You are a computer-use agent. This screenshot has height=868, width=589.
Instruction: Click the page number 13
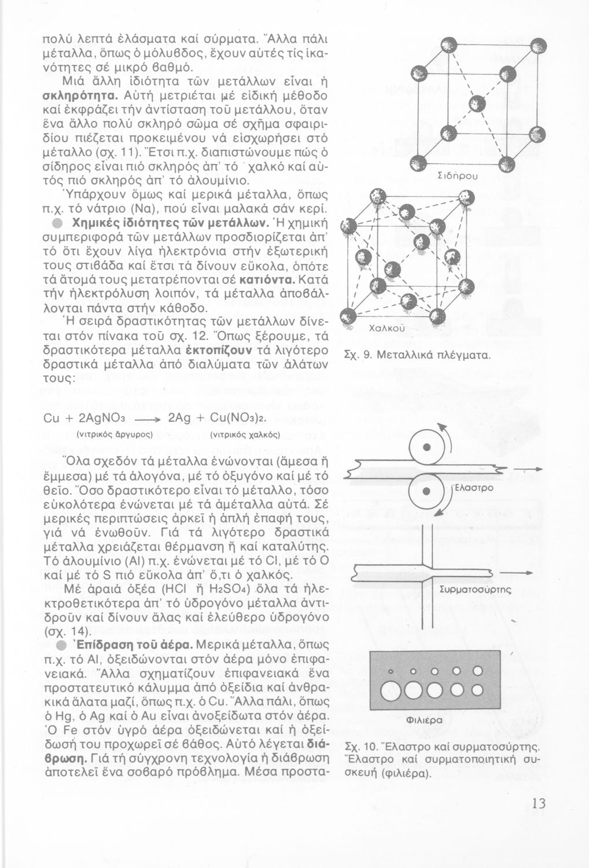pyautogui.click(x=537, y=803)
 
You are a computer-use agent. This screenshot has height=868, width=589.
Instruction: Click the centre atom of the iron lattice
pyautogui.click(x=477, y=104)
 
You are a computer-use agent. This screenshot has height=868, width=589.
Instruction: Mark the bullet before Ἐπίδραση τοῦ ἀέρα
pyautogui.click(x=60, y=644)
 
